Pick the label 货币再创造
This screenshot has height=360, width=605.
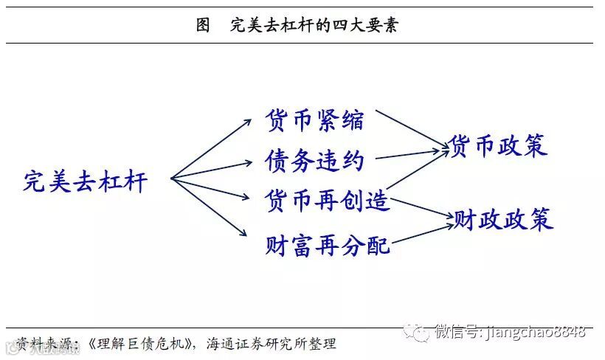tap(327, 200)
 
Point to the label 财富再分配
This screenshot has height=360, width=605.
tap(327, 245)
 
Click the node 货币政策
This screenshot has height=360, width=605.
tap(499, 146)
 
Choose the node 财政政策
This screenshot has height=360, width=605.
tap(502, 219)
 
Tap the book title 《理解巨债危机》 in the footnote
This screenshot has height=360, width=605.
tap(141, 343)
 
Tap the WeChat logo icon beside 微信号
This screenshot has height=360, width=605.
tap(421, 333)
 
